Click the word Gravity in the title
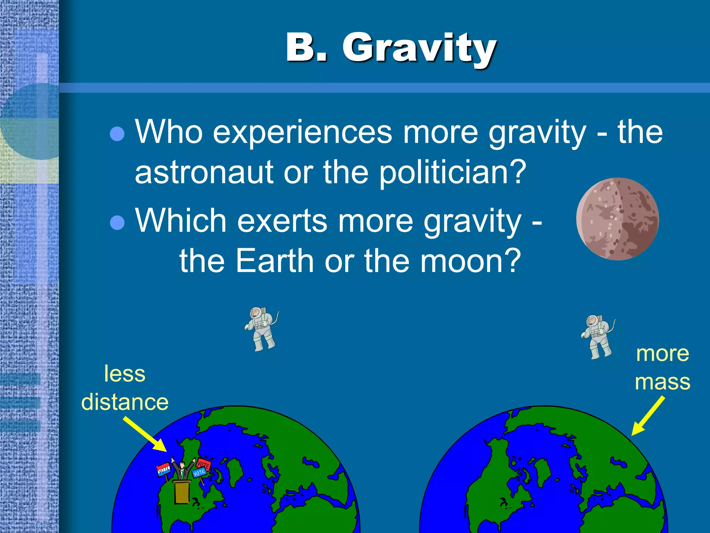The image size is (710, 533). coord(419,49)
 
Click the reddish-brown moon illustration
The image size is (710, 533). coord(617,219)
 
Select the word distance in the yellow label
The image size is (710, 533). coord(125,403)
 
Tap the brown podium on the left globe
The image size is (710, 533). coord(182,491)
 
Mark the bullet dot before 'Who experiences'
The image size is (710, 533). coord(117,134)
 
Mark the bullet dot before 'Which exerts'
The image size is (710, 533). coord(117,222)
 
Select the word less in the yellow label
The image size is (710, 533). coord(125,374)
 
